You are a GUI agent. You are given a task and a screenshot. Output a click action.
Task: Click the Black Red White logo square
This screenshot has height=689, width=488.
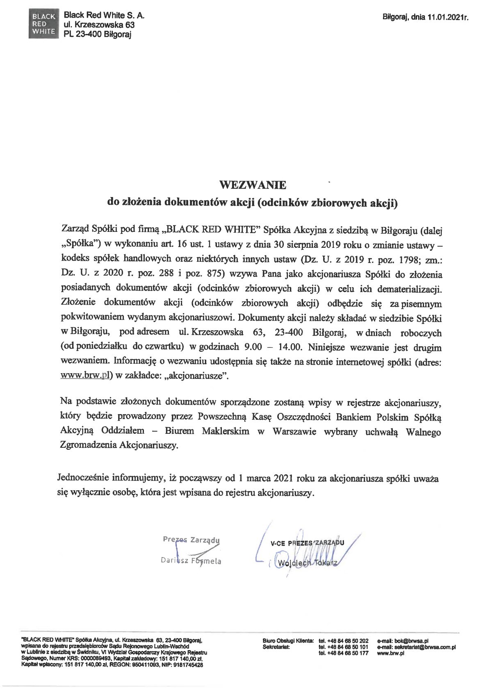(44, 25)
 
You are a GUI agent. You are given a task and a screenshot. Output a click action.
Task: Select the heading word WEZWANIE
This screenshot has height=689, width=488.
(253, 185)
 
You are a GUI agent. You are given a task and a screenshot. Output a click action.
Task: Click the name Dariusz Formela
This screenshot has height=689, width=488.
(191, 561)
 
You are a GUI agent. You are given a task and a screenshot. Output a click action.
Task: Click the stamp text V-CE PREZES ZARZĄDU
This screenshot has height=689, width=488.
(307, 543)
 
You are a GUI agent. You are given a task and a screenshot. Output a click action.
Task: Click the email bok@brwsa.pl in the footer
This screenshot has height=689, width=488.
(403, 640)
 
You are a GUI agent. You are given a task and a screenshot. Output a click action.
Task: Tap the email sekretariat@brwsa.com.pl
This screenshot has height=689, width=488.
(416, 647)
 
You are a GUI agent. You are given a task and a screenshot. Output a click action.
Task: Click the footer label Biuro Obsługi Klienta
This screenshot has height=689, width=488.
(288, 640)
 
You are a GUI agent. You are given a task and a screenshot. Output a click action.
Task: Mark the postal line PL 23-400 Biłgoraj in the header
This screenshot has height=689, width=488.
(97, 35)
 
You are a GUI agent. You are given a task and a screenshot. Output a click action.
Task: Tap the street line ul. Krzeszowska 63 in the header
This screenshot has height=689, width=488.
(99, 25)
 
